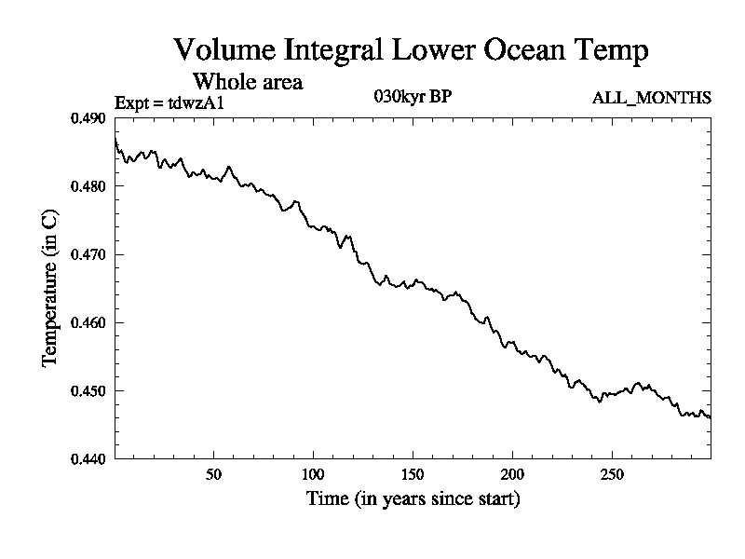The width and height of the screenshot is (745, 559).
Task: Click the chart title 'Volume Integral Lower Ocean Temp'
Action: [410, 50]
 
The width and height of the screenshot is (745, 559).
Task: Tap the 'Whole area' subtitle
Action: [247, 82]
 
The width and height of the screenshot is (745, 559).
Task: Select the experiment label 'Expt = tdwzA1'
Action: [169, 102]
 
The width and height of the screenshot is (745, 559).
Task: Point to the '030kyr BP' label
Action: [413, 97]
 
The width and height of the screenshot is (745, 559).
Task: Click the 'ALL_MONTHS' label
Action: [652, 98]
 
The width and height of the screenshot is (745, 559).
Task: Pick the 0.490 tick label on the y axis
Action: [89, 118]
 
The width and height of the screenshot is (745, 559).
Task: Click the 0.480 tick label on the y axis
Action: [89, 186]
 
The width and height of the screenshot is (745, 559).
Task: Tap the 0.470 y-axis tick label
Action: [89, 254]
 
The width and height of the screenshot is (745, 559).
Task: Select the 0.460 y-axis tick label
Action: [89, 322]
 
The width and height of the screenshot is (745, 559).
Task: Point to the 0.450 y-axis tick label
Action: [89, 390]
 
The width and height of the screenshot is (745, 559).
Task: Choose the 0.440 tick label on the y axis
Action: [89, 458]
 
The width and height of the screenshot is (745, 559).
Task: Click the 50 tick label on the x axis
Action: [213, 473]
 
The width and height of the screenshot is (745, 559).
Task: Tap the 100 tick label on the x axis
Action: [313, 473]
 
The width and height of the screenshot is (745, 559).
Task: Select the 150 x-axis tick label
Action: [413, 473]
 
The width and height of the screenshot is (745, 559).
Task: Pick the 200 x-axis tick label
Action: [512, 473]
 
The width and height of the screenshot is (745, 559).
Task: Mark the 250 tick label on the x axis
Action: [612, 473]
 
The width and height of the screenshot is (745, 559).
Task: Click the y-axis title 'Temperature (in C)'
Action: [51, 288]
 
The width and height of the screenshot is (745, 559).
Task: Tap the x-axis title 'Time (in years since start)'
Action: [413, 499]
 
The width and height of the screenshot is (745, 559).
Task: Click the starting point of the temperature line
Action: [115, 138]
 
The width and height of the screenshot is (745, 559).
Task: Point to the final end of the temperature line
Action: [711, 417]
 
